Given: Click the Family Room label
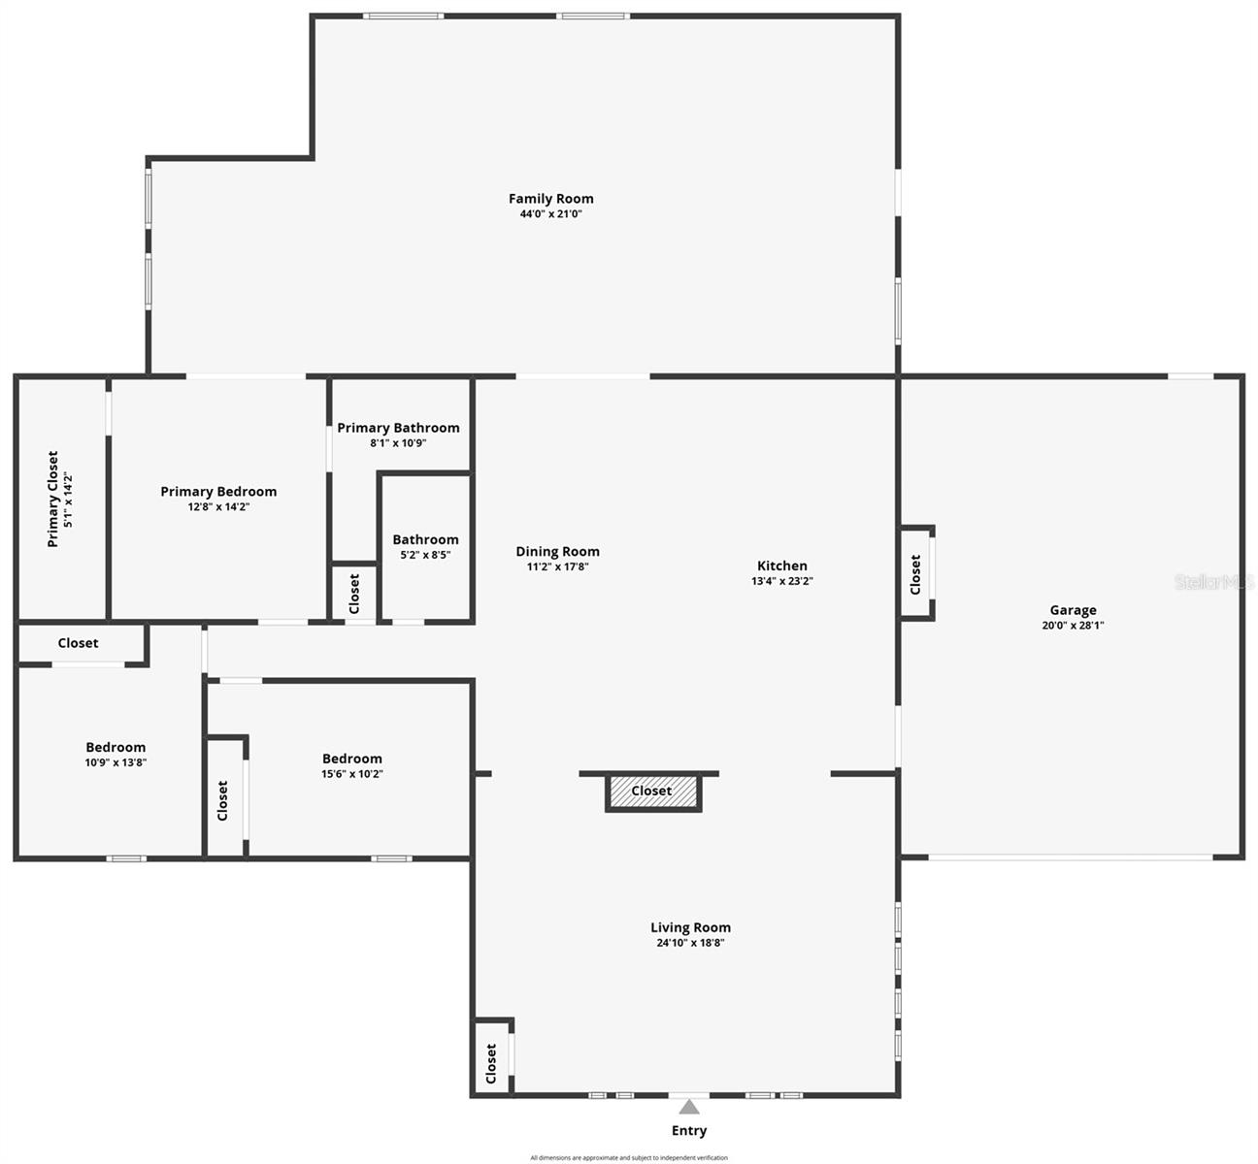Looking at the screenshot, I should click(x=550, y=199).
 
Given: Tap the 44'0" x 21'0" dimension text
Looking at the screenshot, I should click(x=550, y=214).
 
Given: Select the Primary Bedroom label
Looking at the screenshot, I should click(x=218, y=492).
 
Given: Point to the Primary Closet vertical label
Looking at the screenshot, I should click(x=53, y=499).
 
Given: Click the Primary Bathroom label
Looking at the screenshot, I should click(x=398, y=428).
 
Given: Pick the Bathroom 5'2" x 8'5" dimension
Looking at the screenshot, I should click(x=425, y=556).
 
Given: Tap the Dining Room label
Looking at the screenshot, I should click(x=557, y=552).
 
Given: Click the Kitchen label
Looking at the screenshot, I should click(x=781, y=566).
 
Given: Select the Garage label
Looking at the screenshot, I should click(x=1073, y=610).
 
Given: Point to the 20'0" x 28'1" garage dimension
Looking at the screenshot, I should click(x=1073, y=626).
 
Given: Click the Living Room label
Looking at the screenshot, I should click(x=690, y=927).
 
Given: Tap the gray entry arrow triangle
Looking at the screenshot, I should click(x=689, y=1107).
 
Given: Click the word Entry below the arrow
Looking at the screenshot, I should click(x=689, y=1131).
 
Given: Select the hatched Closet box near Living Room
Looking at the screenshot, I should click(x=652, y=792).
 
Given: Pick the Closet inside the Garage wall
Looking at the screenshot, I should click(x=915, y=574).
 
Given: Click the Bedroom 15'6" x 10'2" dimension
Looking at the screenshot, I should click(x=352, y=774).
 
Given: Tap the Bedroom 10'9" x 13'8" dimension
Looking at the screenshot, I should click(x=116, y=762).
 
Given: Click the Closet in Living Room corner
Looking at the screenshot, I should click(x=491, y=1063).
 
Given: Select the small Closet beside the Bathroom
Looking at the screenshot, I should click(x=354, y=593).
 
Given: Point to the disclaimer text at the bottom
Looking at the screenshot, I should click(x=629, y=1157).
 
